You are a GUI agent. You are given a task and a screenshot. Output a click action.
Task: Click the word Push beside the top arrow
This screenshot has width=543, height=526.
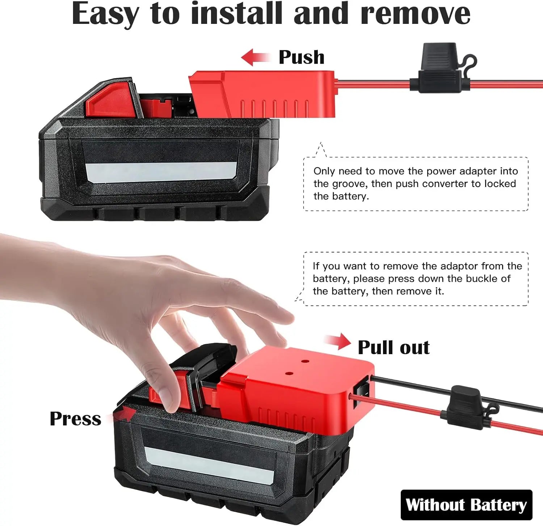tap(301, 57)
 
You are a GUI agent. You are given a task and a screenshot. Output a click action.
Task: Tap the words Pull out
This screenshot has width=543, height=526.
tap(393, 347)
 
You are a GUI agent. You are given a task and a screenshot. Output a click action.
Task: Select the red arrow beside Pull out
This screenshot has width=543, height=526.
tap(338, 342)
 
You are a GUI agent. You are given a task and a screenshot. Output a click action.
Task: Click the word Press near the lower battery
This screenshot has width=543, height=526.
tap(75, 419)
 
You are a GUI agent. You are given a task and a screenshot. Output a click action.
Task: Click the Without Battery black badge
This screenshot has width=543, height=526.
tap(466, 505)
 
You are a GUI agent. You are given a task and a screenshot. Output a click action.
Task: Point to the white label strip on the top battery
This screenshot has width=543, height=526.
tap(161, 171)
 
